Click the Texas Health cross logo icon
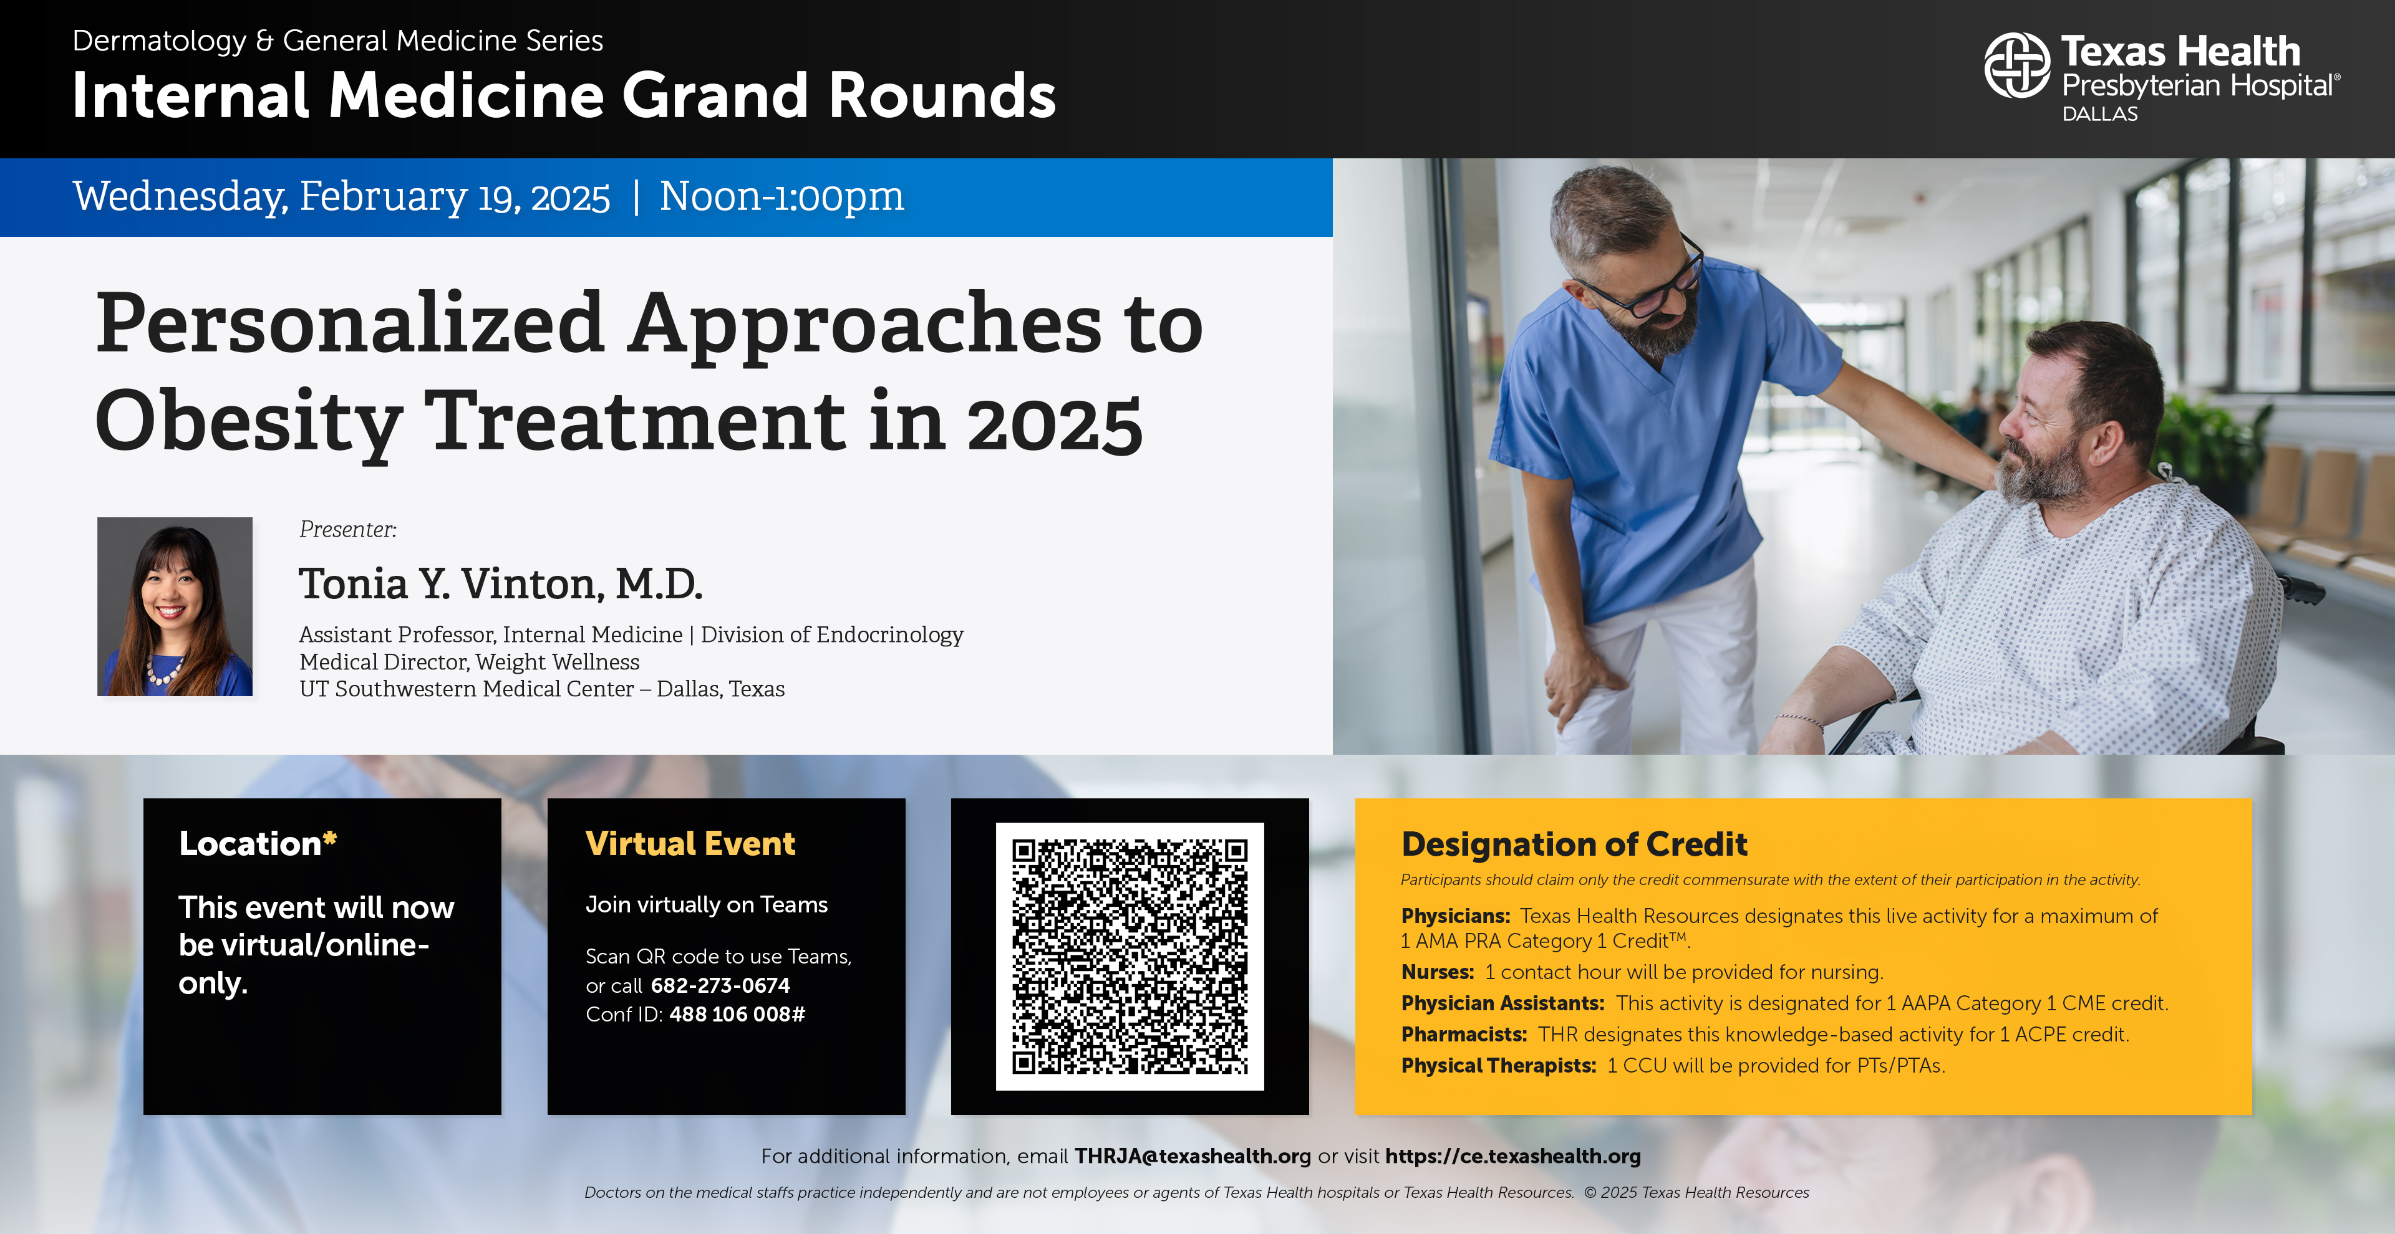(x=2016, y=65)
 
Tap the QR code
(x=1130, y=956)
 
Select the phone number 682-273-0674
(x=720, y=985)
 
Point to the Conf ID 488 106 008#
(x=737, y=1014)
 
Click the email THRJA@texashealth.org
(x=1193, y=1156)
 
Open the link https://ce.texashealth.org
(x=1512, y=1156)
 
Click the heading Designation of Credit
(x=1574, y=844)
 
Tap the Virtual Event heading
(x=690, y=844)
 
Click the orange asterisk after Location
(x=329, y=838)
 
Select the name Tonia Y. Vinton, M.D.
(x=500, y=583)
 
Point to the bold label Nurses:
(x=1438, y=972)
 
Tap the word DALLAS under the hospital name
(x=2099, y=114)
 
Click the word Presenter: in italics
(x=348, y=530)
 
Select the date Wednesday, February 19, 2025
(x=341, y=196)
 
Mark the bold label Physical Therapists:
(x=1499, y=1066)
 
